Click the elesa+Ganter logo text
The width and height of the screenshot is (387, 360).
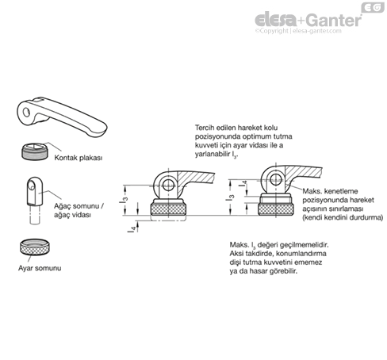[x=308, y=20]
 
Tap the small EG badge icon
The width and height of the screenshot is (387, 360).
[x=373, y=7]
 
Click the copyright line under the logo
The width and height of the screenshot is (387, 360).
[x=298, y=31]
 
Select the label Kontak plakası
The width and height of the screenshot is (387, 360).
[x=79, y=158]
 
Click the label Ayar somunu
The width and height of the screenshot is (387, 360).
[x=40, y=268]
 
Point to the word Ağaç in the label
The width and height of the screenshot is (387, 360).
[x=62, y=206]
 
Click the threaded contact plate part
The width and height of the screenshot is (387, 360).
[x=35, y=151]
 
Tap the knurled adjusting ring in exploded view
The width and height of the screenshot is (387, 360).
[x=35, y=247]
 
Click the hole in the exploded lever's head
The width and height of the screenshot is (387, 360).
[x=27, y=112]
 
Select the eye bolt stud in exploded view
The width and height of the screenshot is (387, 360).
[x=34, y=201]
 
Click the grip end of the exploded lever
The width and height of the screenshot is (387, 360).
[x=99, y=129]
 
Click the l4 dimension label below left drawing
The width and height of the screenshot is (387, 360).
[x=133, y=228]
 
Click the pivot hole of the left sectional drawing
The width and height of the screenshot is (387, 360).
[x=167, y=184]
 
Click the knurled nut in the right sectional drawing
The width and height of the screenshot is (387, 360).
[x=275, y=209]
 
